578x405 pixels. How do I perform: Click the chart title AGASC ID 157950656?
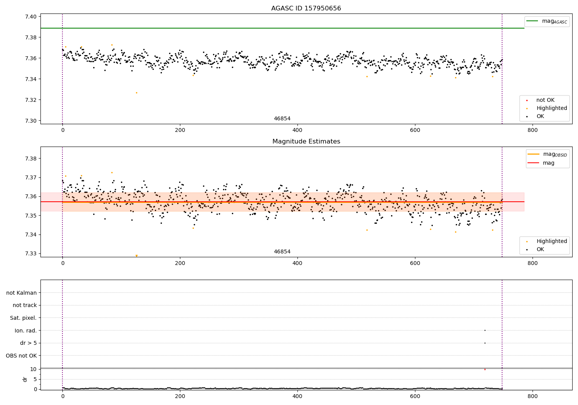[x=306, y=8]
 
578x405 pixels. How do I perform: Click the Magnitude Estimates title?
[x=306, y=142]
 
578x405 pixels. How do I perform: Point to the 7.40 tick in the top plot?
[x=31, y=17]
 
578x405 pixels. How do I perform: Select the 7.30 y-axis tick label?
[x=31, y=121]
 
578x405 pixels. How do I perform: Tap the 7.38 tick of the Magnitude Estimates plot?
[x=31, y=159]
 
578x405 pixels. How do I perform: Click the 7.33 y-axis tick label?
[x=31, y=253]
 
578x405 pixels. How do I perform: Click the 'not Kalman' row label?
[x=22, y=293]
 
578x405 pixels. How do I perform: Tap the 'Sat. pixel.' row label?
[x=23, y=318]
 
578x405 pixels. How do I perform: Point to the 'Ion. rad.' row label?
[x=26, y=331]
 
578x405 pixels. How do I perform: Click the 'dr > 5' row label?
[x=29, y=343]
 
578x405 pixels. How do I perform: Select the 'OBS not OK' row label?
[x=21, y=356]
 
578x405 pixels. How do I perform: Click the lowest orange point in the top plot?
[x=136, y=93]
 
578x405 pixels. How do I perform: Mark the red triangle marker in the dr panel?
[x=485, y=370]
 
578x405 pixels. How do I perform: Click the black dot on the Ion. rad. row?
[x=485, y=330]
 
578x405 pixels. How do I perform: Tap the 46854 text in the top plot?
[x=282, y=119]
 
